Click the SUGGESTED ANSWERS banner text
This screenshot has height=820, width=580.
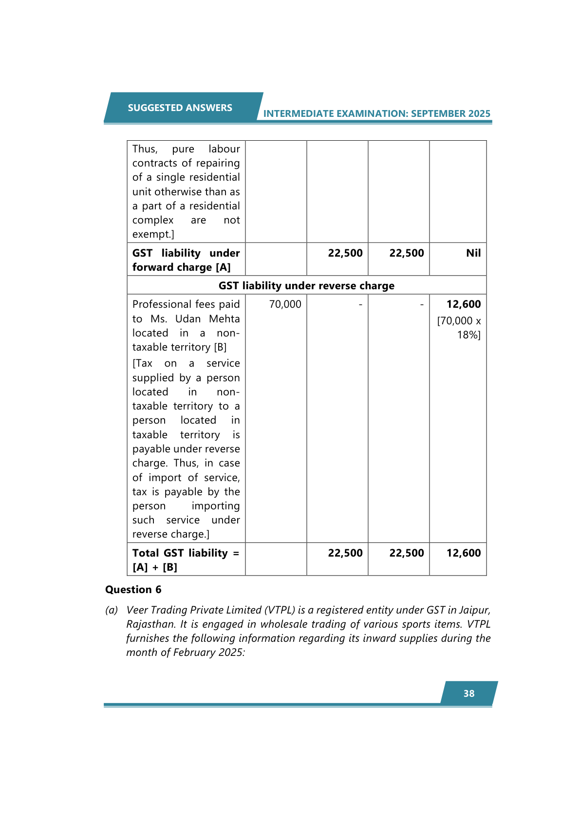pos(180,108)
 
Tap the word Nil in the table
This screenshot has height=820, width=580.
pos(473,253)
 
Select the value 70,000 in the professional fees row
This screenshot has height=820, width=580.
pos(285,304)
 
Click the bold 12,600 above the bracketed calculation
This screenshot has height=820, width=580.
pos(463,304)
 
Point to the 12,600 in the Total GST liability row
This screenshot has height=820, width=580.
pos(463,553)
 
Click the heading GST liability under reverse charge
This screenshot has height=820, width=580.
pos(306,285)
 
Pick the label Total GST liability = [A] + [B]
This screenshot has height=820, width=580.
pos(186,560)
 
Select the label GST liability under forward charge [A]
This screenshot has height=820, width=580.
pos(186,260)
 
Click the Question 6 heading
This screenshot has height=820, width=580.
pos(133,590)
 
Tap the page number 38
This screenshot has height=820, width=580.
pos(468,693)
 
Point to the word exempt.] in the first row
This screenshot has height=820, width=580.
pos(153,234)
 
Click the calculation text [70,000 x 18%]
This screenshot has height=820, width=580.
pos(459,328)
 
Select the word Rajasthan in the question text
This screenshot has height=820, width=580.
pos(150,624)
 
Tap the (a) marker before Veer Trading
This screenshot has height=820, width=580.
pos(112,610)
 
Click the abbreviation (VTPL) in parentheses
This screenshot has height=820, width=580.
pos(279,610)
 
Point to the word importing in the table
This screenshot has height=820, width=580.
pos(215,506)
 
